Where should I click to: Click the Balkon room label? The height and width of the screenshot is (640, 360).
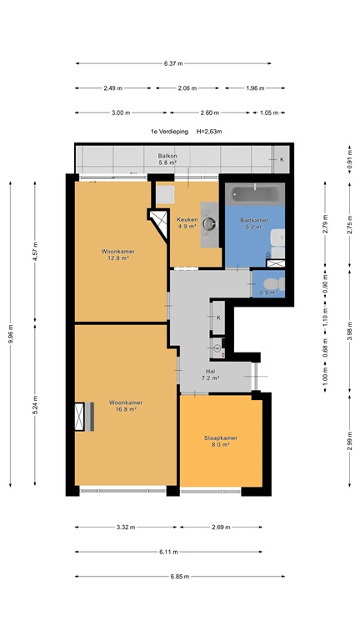[x=167, y=158]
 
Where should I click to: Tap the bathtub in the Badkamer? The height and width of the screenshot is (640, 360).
[x=252, y=194]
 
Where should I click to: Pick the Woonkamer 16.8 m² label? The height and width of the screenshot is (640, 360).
[x=122, y=406]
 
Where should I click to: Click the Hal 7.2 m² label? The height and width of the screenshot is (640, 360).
[x=210, y=374]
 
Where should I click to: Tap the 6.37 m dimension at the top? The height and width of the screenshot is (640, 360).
[x=173, y=63]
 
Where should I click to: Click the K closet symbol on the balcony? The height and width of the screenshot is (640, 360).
[x=281, y=159]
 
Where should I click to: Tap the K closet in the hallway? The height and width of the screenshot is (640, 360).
[x=218, y=317]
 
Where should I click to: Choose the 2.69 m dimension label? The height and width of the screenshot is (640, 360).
[x=222, y=527]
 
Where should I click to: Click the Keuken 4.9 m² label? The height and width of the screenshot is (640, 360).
[x=187, y=222]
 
